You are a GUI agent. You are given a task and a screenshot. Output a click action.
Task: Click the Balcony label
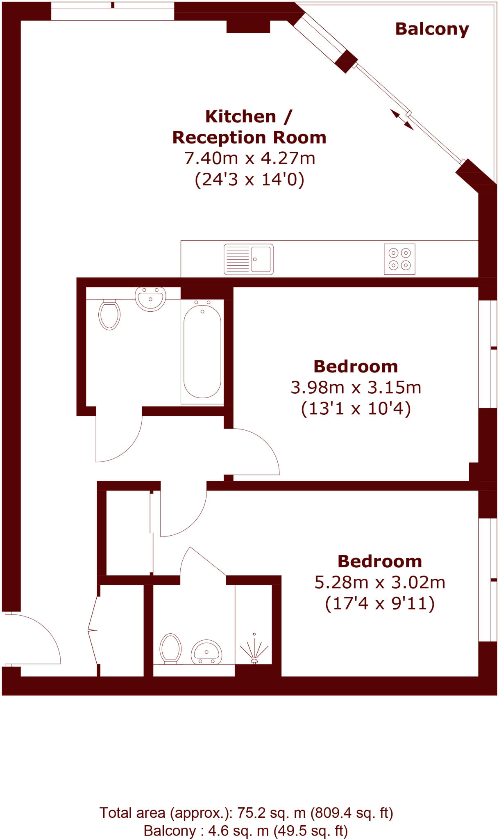(432, 29)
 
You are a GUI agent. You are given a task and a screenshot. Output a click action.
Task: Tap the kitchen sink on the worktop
(248, 259)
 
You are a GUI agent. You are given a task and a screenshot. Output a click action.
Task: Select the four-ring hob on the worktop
(399, 259)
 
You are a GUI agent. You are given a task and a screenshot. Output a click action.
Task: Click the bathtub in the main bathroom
(202, 352)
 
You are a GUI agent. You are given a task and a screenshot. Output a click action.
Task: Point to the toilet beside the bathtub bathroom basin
(109, 315)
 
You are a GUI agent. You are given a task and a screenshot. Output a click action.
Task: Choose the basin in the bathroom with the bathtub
(150, 298)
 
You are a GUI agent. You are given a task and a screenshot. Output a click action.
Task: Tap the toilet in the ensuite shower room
(170, 648)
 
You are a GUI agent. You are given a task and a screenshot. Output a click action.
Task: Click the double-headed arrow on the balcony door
(401, 119)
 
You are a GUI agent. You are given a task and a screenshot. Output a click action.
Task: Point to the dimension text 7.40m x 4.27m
(249, 158)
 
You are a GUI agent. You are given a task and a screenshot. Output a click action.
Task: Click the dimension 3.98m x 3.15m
(356, 388)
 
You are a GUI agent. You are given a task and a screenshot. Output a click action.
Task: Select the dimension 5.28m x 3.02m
(380, 582)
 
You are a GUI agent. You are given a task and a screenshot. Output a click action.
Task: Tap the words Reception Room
(249, 137)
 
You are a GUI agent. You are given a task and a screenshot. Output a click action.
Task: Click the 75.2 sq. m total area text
(246, 813)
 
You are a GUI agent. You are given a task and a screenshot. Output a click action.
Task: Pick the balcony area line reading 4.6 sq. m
(246, 831)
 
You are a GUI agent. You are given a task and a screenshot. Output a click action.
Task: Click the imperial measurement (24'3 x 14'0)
(249, 179)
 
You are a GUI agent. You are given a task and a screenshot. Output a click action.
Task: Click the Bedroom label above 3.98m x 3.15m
(356, 367)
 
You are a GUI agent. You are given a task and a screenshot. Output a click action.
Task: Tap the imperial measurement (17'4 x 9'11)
(380, 603)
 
